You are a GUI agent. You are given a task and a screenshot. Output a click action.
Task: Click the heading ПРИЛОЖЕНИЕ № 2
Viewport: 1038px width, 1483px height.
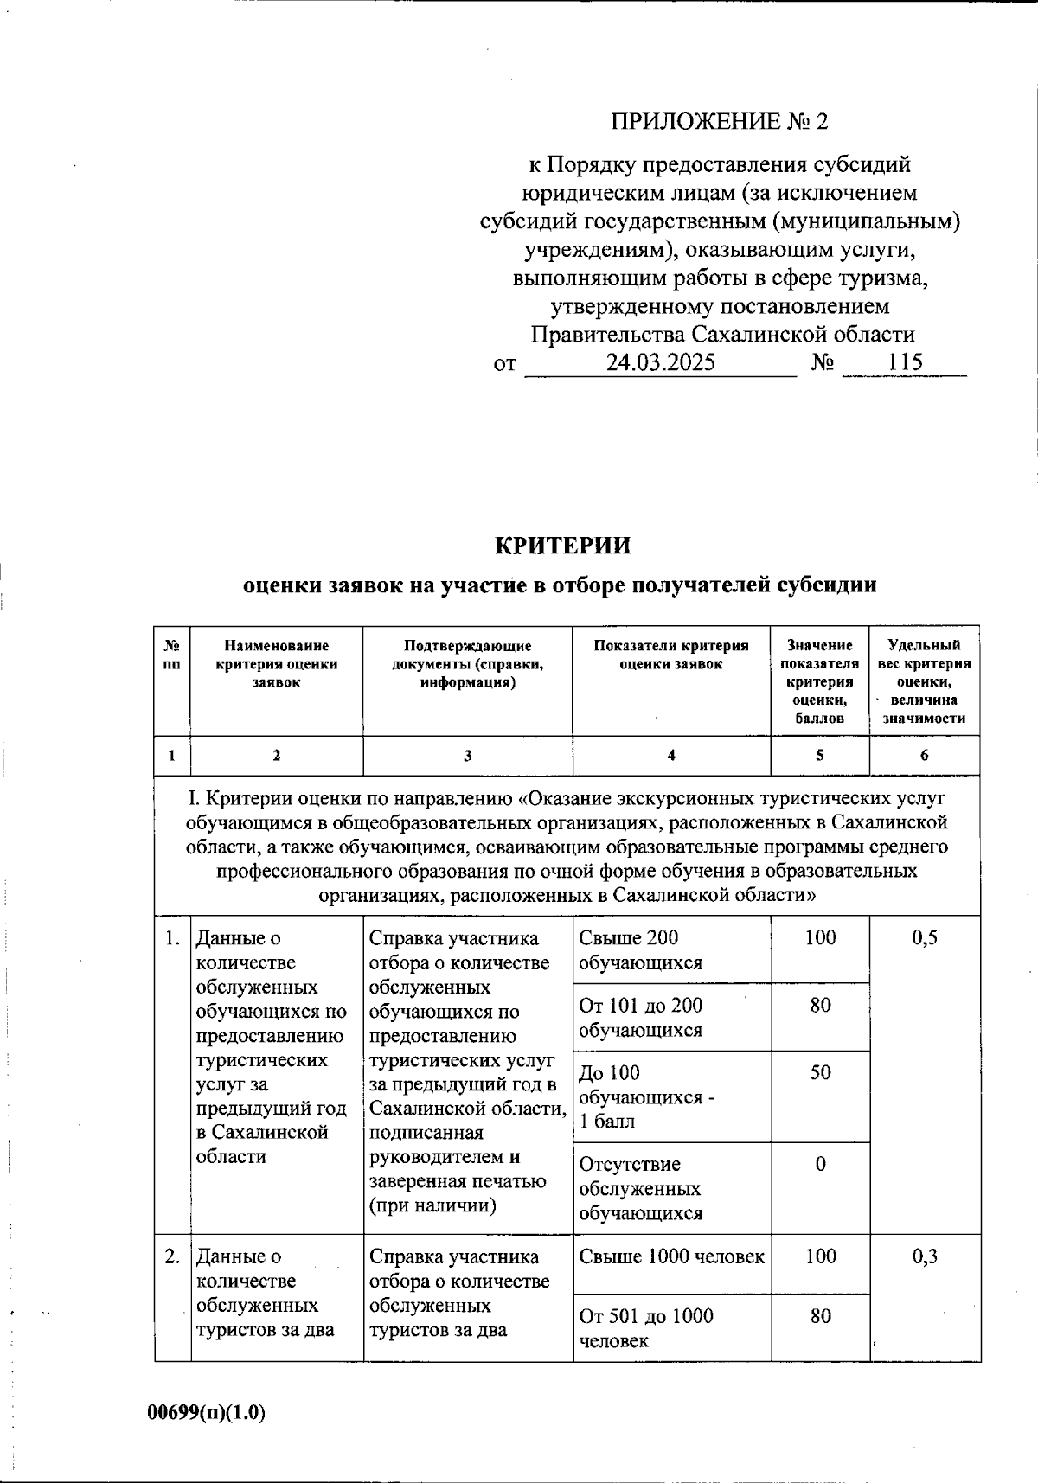click(720, 121)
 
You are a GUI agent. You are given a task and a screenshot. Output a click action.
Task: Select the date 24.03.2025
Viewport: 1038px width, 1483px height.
click(660, 362)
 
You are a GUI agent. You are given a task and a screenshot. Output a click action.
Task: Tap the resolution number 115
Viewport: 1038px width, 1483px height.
click(905, 362)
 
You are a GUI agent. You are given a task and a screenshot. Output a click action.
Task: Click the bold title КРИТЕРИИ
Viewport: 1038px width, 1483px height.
click(562, 547)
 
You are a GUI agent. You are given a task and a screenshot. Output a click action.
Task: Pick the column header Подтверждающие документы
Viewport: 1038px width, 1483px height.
click(467, 664)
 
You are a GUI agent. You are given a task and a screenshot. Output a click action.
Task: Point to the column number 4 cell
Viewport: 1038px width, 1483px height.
click(671, 756)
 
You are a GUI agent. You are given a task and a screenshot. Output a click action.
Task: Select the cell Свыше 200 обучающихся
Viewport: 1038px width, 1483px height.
click(640, 950)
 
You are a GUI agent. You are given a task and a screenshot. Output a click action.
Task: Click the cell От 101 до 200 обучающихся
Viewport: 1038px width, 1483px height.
click(640, 1018)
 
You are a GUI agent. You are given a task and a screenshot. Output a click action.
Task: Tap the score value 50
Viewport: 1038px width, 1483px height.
click(820, 1073)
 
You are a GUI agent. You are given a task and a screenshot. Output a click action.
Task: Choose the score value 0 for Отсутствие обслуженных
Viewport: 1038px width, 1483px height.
click(820, 1165)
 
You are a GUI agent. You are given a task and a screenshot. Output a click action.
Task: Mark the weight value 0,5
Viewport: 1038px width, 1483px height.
click(924, 938)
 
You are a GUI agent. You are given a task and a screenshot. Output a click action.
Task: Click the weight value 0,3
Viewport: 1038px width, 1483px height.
click(924, 1257)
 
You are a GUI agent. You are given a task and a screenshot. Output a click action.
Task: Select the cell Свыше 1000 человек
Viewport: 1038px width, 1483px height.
click(671, 1257)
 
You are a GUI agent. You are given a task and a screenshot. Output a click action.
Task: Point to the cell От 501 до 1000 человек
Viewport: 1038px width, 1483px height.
click(645, 1328)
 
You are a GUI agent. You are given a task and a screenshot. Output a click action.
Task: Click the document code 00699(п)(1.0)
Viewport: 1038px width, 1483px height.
click(206, 1413)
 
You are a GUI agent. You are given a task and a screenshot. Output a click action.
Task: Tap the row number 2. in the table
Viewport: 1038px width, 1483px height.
click(172, 1257)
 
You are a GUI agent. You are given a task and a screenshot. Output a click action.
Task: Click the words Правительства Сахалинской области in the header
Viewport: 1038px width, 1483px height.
click(722, 335)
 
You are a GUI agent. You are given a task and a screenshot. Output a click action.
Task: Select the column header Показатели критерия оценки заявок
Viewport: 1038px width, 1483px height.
click(671, 655)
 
